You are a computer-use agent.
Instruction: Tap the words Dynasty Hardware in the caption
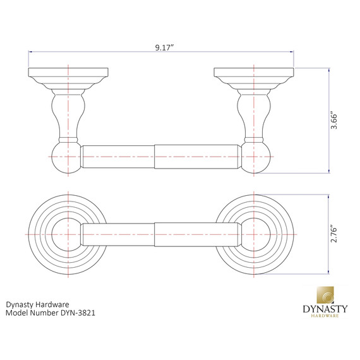pyautogui.click(x=37, y=303)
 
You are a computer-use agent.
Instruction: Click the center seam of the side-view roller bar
pyautogui.click(x=155, y=156)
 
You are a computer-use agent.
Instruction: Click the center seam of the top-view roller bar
pyautogui.click(x=155, y=234)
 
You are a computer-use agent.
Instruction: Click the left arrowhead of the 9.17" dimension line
pyautogui.click(x=30, y=53)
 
